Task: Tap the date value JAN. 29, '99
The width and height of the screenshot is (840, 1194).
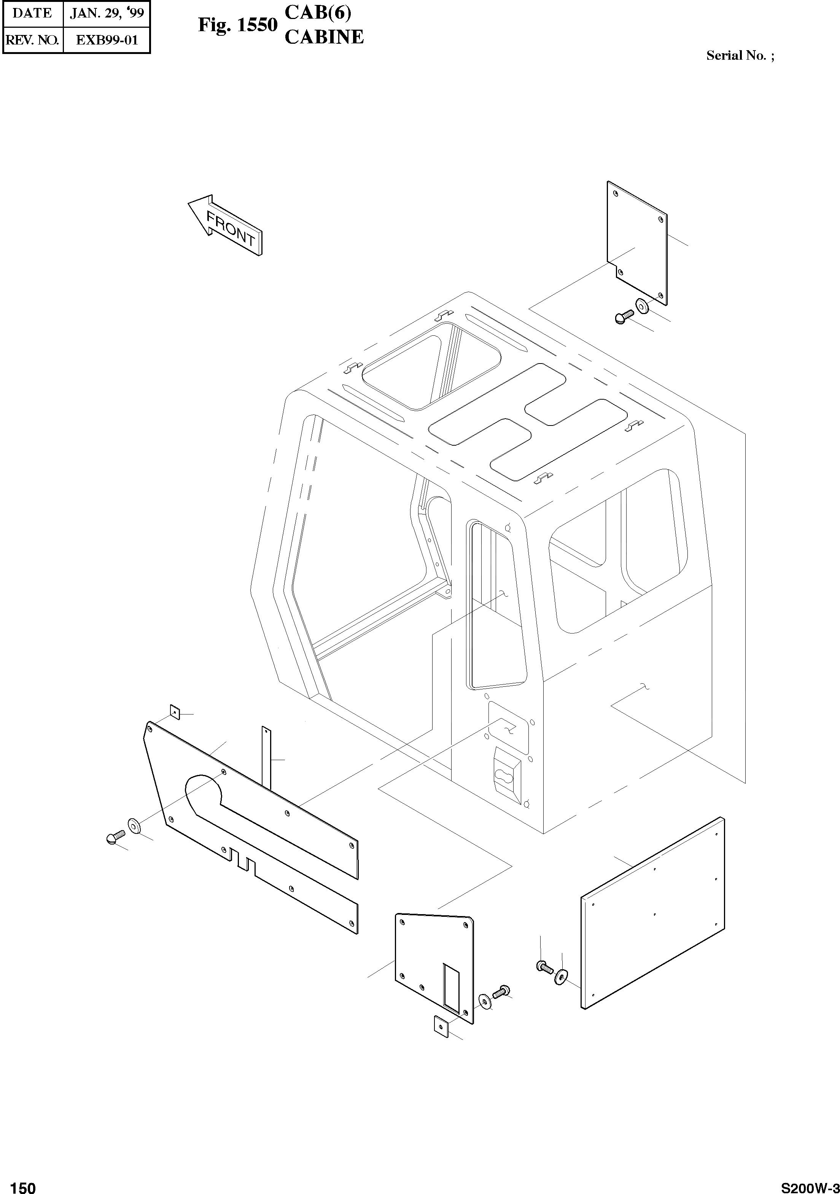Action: point(107,13)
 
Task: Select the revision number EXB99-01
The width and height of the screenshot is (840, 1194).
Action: point(107,40)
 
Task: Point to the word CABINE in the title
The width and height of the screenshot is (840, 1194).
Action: point(324,37)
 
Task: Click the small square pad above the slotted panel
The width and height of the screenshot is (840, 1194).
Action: point(175,712)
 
